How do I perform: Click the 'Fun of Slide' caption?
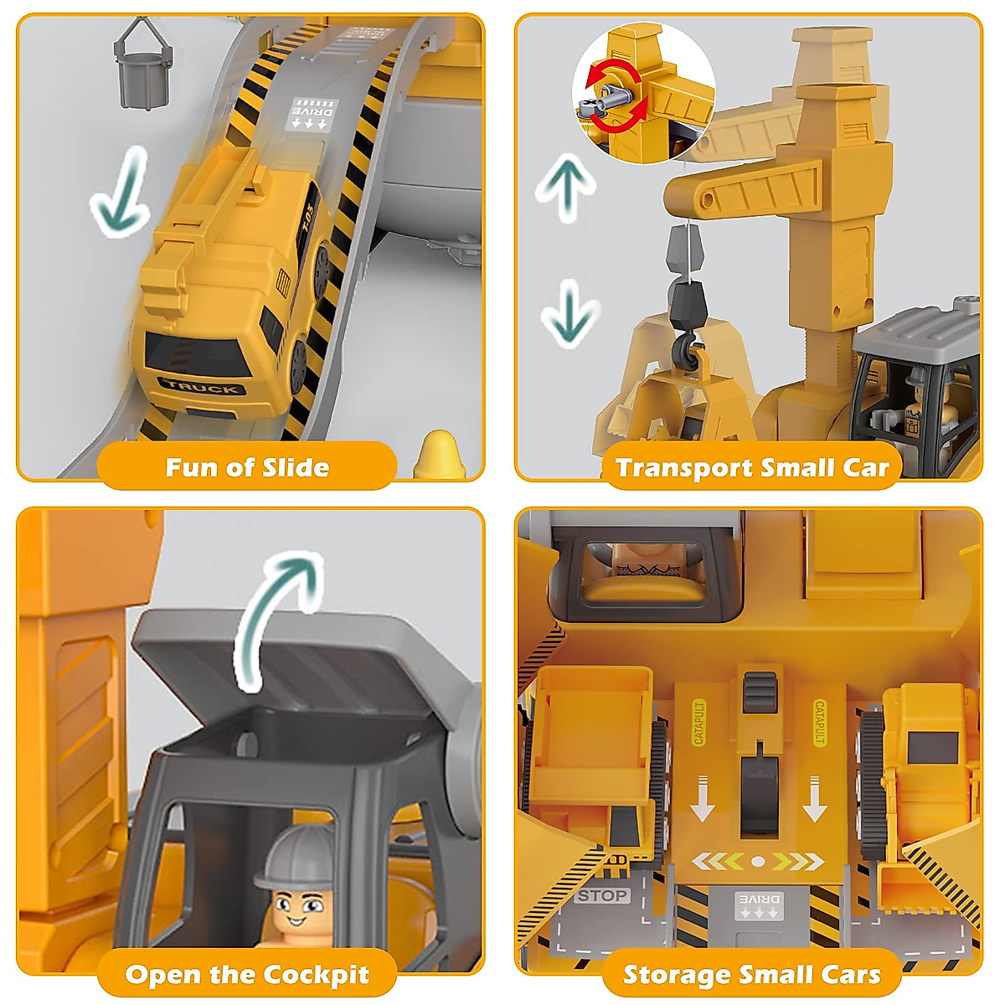click(x=247, y=466)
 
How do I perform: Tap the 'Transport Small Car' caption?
click(x=751, y=466)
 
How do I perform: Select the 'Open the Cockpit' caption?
click(x=247, y=974)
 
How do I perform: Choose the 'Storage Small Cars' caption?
click(x=751, y=974)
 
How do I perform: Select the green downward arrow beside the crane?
click(x=569, y=312)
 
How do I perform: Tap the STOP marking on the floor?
click(x=601, y=895)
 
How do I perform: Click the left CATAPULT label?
click(x=700, y=722)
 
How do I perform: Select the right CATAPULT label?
click(x=819, y=722)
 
